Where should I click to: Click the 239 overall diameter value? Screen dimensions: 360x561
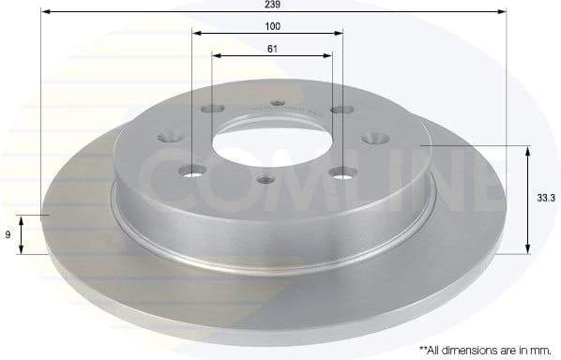click(273, 5)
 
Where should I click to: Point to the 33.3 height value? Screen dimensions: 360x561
click(542, 199)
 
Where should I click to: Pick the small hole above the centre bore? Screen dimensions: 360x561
click(277, 104)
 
